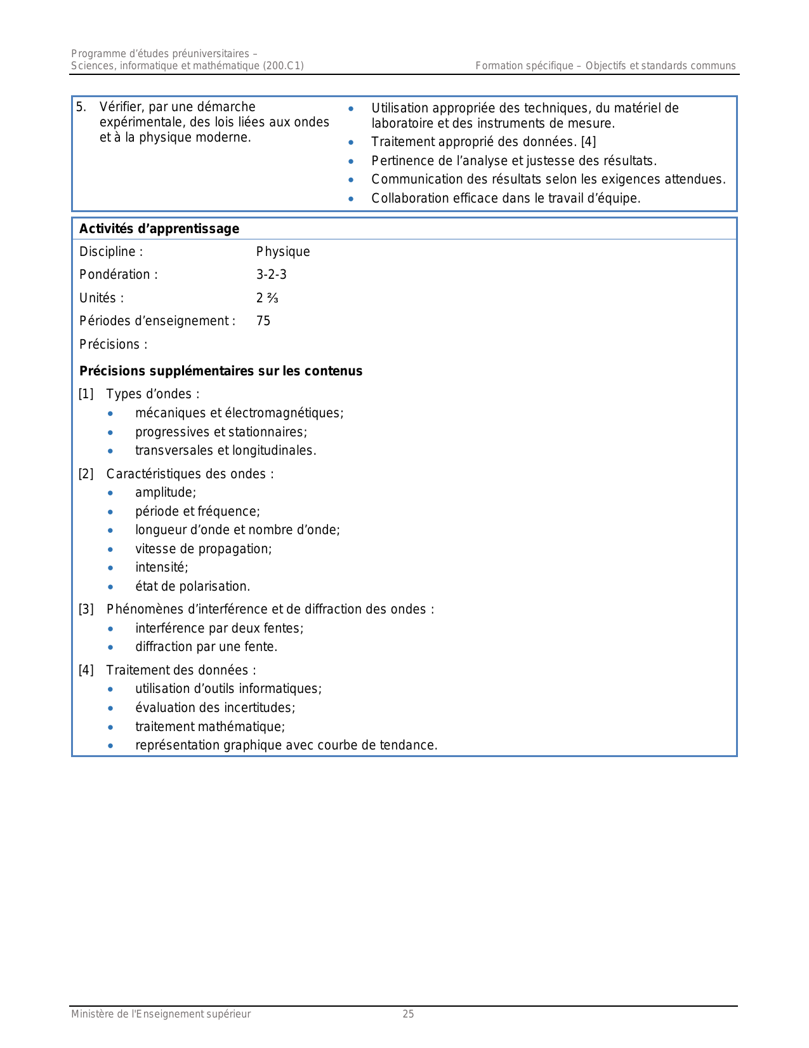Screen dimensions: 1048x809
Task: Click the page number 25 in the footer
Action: pyautogui.click(x=408, y=1014)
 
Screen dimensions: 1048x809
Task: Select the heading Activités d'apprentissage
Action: pyautogui.click(x=159, y=229)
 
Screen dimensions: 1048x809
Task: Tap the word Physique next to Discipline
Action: pyautogui.click(x=283, y=252)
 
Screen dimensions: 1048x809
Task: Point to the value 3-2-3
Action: pyautogui.click(x=272, y=275)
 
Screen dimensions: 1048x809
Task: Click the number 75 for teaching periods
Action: pyautogui.click(x=263, y=321)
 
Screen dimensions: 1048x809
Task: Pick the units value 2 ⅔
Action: pyautogui.click(x=267, y=299)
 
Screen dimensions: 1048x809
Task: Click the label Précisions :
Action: pyautogui.click(x=114, y=345)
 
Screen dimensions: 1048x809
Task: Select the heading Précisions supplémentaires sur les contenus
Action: pyautogui.click(x=221, y=372)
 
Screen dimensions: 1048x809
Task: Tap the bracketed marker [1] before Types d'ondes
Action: pyautogui.click(x=86, y=394)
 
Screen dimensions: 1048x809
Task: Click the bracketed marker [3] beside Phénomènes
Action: pyautogui.click(x=86, y=610)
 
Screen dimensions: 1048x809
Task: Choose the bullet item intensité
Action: pyautogui.click(x=162, y=568)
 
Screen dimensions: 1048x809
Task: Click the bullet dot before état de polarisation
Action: pyautogui.click(x=111, y=587)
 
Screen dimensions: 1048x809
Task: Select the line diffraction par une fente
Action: pyautogui.click(x=206, y=647)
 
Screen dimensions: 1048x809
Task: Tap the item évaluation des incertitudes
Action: pyautogui.click(x=215, y=708)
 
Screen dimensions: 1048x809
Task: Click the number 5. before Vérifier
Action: pyautogui.click(x=81, y=107)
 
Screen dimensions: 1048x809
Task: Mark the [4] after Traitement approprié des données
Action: pyautogui.click(x=589, y=142)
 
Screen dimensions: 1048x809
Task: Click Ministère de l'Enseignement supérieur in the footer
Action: pyautogui.click(x=161, y=1014)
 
